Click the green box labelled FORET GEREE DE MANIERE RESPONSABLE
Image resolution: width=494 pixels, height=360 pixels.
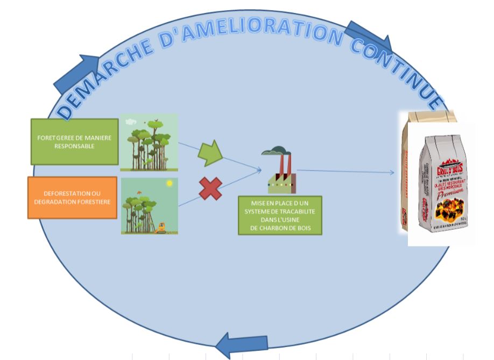click(x=74, y=142)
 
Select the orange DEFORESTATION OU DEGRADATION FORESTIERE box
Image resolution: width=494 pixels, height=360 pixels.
click(x=72, y=197)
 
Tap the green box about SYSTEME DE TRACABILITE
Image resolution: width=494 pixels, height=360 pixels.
click(x=280, y=215)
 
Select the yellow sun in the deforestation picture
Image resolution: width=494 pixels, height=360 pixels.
click(x=170, y=184)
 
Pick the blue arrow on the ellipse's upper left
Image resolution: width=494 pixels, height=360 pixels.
click(x=72, y=73)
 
